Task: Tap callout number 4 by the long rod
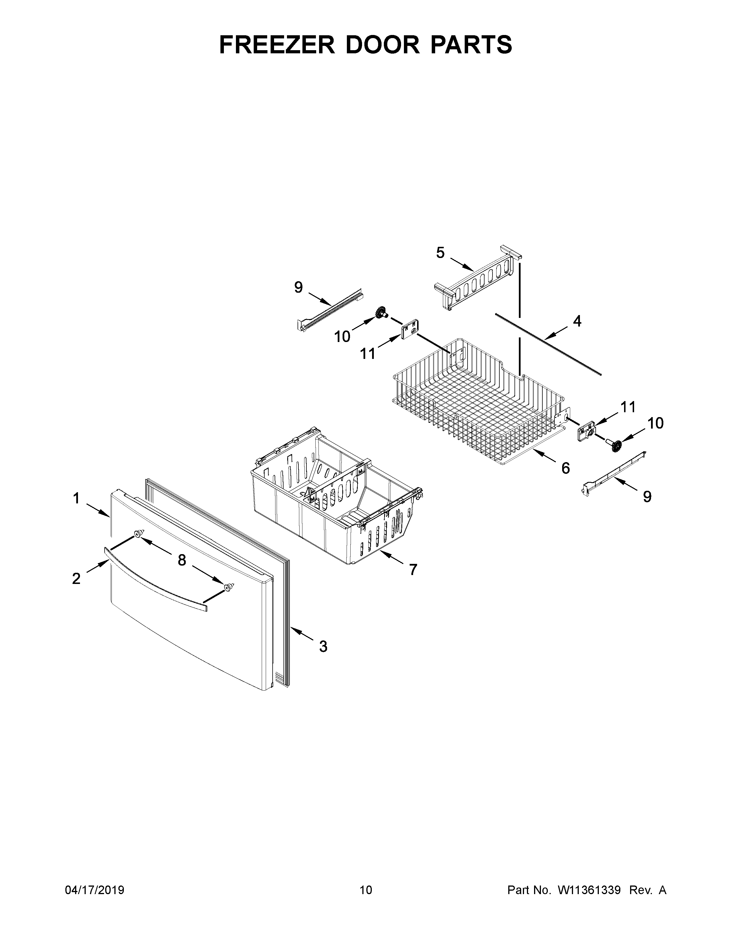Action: (577, 321)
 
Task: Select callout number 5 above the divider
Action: (440, 253)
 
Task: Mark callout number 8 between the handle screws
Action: (182, 560)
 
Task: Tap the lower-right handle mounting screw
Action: (228, 587)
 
